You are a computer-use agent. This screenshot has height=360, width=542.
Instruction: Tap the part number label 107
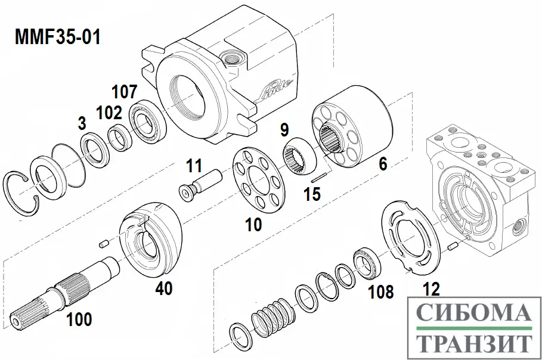[x=125, y=92]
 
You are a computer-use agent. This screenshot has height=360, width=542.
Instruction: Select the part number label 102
[x=110, y=112]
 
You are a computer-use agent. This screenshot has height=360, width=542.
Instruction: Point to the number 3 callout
[x=82, y=123]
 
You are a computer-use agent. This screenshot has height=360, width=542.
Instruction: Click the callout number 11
[x=194, y=164]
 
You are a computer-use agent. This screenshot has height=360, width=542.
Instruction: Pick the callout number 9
[x=284, y=129]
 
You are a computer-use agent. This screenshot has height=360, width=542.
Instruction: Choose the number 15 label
[x=312, y=194]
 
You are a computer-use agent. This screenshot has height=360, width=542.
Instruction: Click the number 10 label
[x=253, y=224]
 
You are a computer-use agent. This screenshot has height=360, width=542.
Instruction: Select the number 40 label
[x=164, y=288]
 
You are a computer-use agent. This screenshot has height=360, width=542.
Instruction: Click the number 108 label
[x=381, y=291]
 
